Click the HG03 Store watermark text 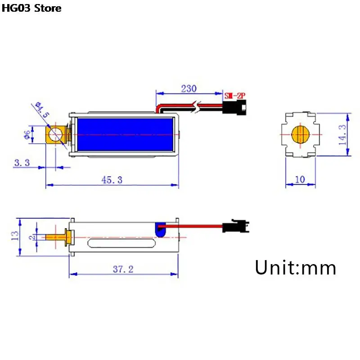click(31, 8)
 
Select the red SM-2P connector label click(235, 95)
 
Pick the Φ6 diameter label click(27, 135)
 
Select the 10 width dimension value click(300, 179)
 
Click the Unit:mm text click(295, 268)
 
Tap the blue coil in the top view click(125, 135)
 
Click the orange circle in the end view click(299, 135)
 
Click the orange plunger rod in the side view click(56, 237)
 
